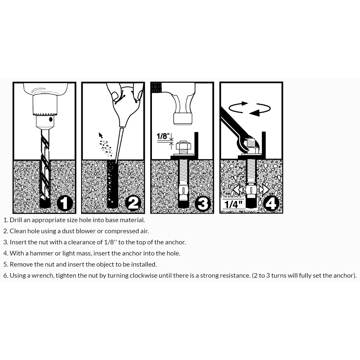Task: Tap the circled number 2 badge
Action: coord(133,203)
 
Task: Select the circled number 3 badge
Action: coord(203,204)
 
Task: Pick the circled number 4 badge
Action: coord(271,203)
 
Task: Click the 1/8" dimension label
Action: coord(163,136)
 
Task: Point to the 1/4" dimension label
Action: coord(233,204)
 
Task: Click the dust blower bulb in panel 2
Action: coord(127,103)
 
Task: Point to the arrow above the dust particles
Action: coord(101,135)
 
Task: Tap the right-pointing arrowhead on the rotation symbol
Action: coord(245,104)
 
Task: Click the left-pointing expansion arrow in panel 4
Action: coord(238,190)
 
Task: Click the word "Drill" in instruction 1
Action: coord(16,220)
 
